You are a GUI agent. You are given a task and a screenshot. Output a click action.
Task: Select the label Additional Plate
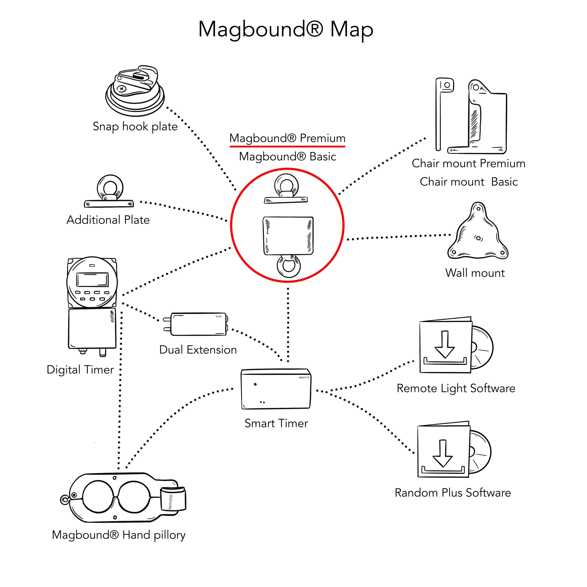108,220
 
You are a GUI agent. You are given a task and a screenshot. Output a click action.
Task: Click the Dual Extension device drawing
198,324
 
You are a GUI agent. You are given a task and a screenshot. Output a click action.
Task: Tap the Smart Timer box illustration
275,389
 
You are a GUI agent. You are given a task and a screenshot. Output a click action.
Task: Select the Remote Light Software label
456,388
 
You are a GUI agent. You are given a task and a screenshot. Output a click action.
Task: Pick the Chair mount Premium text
468,163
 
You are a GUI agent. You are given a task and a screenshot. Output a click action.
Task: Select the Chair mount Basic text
468,182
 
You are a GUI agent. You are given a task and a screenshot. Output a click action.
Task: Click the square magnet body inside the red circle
288,235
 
